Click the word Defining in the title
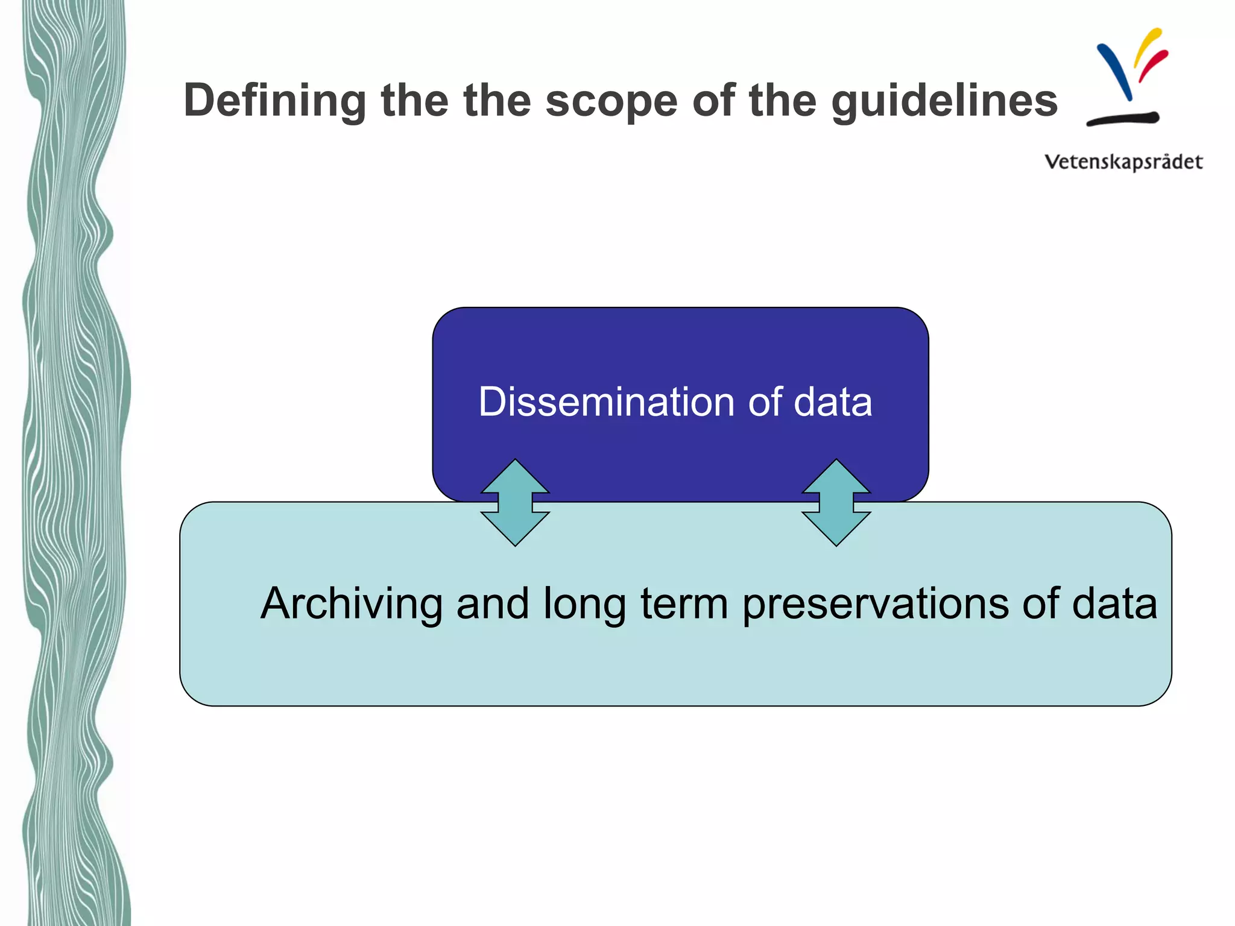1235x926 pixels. tap(275, 101)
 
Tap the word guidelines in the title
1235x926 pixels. tap(944, 101)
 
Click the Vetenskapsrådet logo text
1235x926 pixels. tap(1123, 162)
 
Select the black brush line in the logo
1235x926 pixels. tap(1123, 118)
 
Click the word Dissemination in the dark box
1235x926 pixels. tap(606, 402)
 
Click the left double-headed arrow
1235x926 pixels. tap(515, 503)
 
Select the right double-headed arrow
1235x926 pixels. tap(836, 503)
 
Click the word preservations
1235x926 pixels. tap(874, 603)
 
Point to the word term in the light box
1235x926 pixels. tap(684, 603)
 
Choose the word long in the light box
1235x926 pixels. tap(584, 603)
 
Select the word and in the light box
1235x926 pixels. tap(492, 603)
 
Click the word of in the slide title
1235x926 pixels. tap(714, 101)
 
